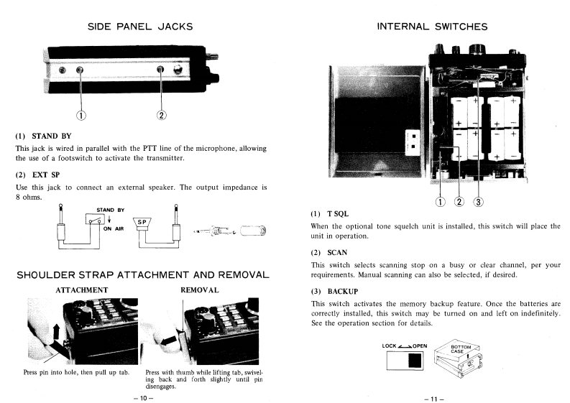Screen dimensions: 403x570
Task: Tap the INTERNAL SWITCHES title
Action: point(431,27)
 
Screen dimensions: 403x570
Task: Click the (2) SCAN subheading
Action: point(332,252)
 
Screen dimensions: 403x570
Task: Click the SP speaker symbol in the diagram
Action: point(142,221)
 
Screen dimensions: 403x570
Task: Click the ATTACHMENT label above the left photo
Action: point(81,289)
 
